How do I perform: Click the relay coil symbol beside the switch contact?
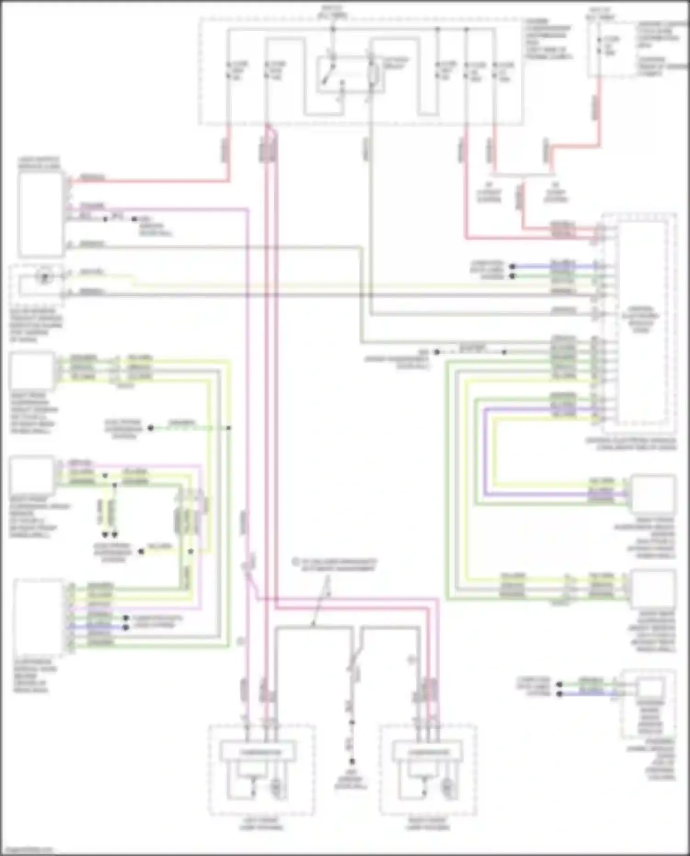tap(374, 74)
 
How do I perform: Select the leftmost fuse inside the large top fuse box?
tap(229, 69)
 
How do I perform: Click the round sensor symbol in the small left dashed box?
tap(45, 277)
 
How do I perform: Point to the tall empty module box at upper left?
tap(40, 214)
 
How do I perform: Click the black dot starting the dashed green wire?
tap(150, 428)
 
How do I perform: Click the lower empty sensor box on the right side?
tap(653, 588)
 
